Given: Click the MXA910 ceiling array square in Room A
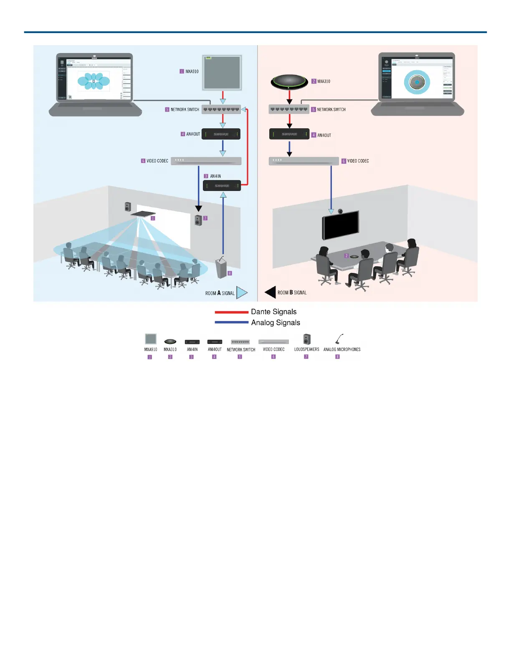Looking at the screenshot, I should point(222,72).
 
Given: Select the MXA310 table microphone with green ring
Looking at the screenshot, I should point(289,81).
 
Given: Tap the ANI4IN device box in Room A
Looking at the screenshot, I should point(222,186).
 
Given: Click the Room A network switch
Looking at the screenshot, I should point(221,109).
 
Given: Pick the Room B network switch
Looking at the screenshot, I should point(289,109).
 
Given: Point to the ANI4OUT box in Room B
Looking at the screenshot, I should point(289,134).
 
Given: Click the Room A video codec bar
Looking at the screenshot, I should point(206,161).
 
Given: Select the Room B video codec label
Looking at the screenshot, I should point(358,161).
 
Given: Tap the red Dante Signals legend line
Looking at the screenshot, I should point(231,312).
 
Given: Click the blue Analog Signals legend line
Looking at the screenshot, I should point(231,322).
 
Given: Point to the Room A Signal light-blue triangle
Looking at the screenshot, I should point(241,293).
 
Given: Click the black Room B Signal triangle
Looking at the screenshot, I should point(271,292).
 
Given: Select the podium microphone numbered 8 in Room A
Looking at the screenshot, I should point(221,268).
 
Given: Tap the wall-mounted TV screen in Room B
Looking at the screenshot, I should point(340,226).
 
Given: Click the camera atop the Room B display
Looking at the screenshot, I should point(341,211).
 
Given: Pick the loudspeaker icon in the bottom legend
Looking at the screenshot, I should point(307,339).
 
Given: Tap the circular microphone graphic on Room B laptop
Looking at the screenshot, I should point(417,82).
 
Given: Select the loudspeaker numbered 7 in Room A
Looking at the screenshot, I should point(198,220).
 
